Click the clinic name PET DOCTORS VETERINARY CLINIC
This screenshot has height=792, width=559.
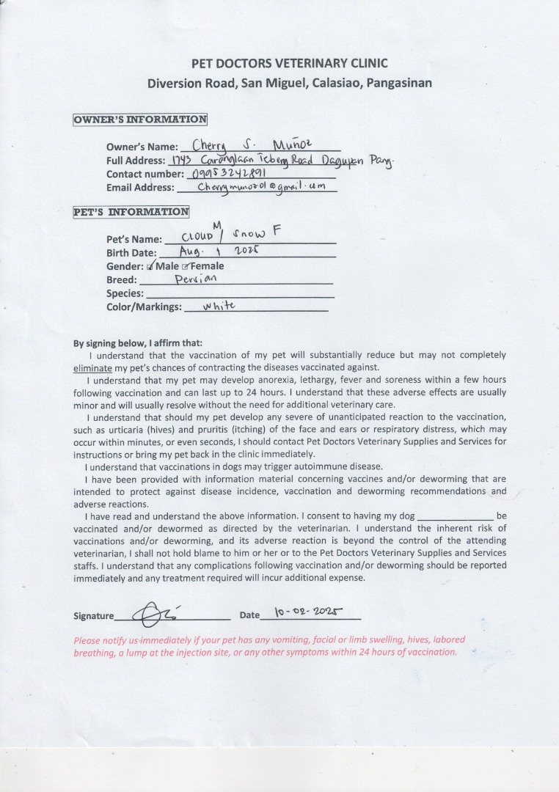click(289, 63)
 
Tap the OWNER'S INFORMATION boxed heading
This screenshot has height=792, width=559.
click(140, 120)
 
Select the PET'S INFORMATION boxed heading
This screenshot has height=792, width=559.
click(131, 213)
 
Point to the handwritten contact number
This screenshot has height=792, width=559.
click(228, 174)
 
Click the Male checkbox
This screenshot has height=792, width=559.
click(150, 266)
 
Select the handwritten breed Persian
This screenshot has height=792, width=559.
click(196, 279)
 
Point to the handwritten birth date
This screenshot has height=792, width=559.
click(220, 252)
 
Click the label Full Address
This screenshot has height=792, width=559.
click(136, 161)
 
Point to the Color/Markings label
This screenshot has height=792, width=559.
click(144, 307)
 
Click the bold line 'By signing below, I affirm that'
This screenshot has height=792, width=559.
click(138, 342)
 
